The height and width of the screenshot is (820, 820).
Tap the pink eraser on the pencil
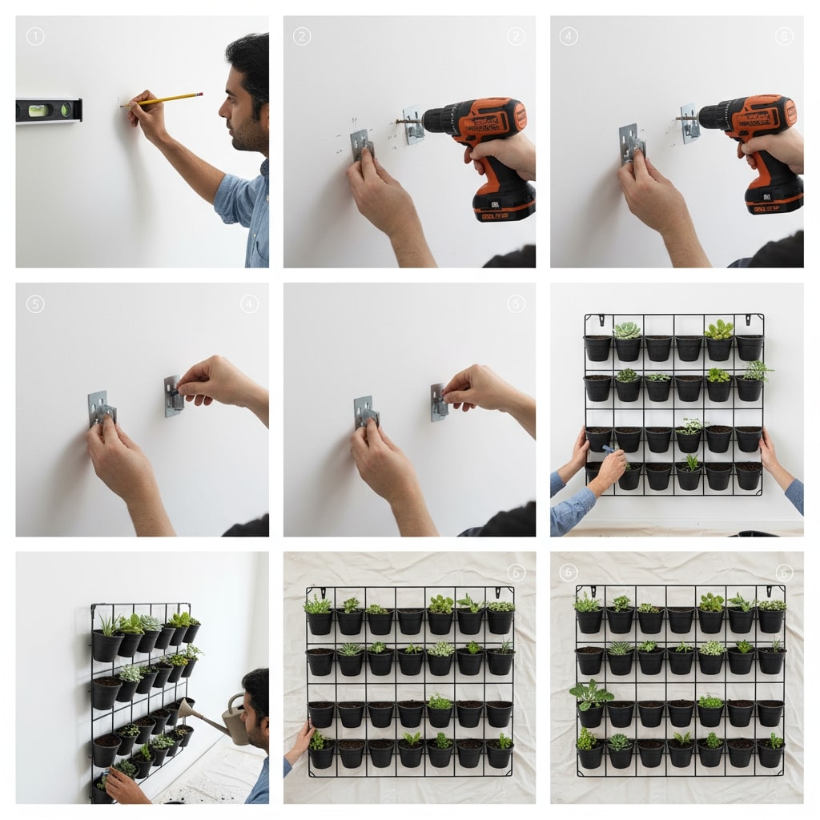[x=199, y=94]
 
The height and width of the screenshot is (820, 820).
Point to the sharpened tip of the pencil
[x=123, y=105]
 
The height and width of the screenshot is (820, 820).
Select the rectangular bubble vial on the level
[x=38, y=110]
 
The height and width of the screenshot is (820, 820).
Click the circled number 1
[x=34, y=36]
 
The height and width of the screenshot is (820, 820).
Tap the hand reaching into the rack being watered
[x=125, y=786]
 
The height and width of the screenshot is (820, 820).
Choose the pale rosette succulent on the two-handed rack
[x=628, y=330]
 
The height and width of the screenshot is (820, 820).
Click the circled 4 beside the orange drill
[x=568, y=36]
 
